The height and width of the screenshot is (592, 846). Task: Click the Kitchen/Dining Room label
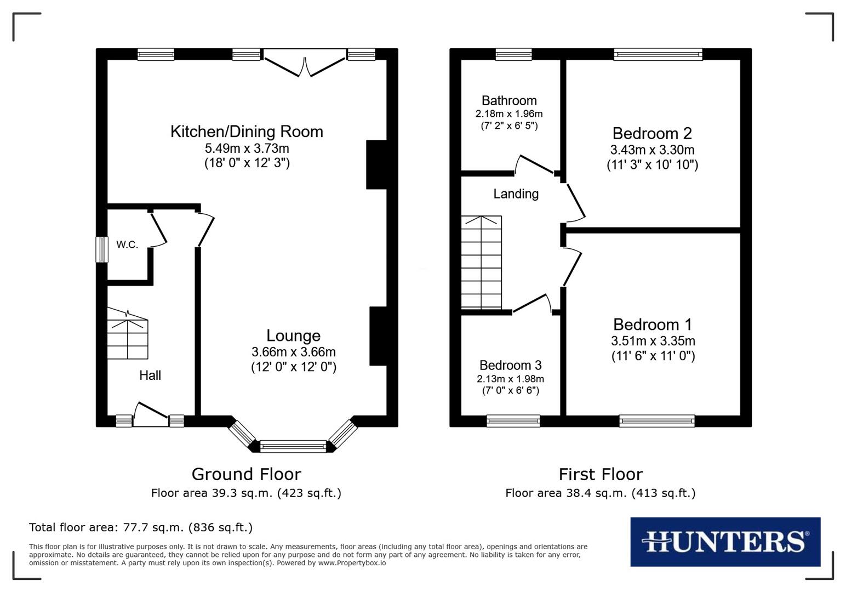point(247,132)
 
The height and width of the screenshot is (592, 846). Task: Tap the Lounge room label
point(293,335)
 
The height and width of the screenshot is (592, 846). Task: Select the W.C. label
point(127,244)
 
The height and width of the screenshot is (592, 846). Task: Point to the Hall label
point(150,375)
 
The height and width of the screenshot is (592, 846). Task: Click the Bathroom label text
point(509,100)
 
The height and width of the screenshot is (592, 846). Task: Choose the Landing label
point(516,193)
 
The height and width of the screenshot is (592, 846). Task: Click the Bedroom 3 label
point(510,365)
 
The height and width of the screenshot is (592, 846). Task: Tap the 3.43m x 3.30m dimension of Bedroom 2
point(652,150)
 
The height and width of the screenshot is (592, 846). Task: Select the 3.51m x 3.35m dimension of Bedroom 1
point(653,340)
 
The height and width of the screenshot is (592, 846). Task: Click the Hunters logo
point(725,542)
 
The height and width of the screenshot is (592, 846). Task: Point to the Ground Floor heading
point(246,474)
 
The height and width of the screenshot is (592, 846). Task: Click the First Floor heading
point(601,474)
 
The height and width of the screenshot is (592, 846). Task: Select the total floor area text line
point(141,527)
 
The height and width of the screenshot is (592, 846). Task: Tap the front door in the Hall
point(151,415)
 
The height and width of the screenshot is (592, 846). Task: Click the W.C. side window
point(102,249)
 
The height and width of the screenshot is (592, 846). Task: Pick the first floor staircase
point(481,262)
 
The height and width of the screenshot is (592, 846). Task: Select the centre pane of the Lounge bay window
point(293,447)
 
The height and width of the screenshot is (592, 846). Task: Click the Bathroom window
point(513,54)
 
